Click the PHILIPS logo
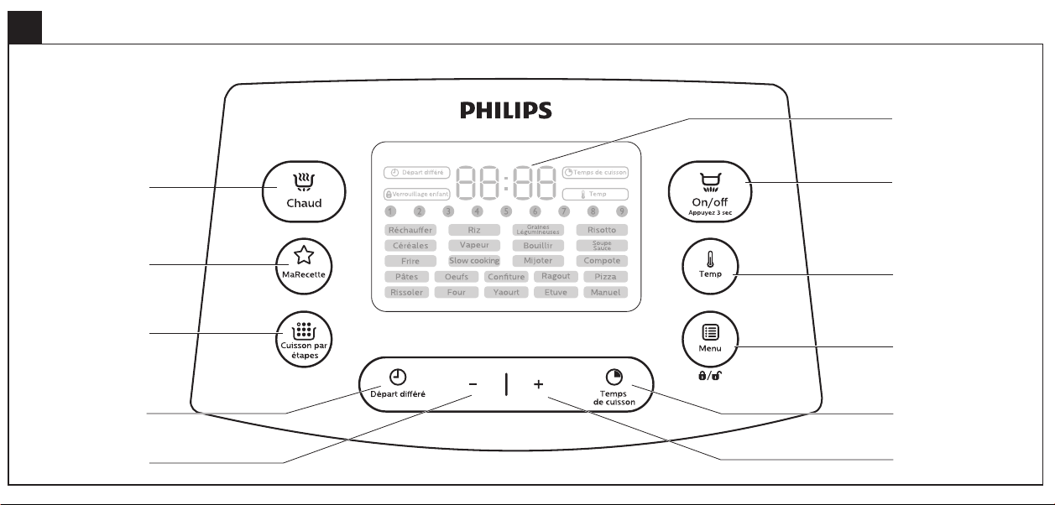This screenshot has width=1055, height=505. [x=506, y=110]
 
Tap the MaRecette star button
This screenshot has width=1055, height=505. [x=302, y=266]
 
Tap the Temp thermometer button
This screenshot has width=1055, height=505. [x=712, y=265]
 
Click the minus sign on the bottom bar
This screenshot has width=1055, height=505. [x=473, y=384]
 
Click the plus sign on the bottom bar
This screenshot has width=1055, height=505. [x=538, y=384]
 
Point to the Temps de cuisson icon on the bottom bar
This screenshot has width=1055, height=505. [x=614, y=377]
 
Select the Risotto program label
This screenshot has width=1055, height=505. [x=602, y=230]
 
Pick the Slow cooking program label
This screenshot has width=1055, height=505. [x=474, y=261]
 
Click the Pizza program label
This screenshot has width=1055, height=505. [x=605, y=277]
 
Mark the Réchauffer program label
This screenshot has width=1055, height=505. [x=410, y=230]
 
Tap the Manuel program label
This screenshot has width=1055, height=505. [x=605, y=293]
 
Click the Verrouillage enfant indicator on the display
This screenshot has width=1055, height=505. [x=417, y=193]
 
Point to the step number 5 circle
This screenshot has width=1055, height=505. [x=506, y=211]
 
